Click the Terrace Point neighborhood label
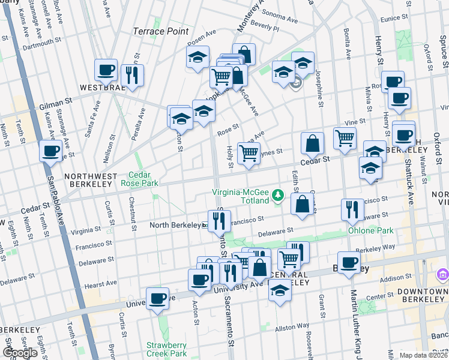click(161, 31)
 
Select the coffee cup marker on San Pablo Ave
click(51, 150)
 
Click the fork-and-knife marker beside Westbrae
click(131, 76)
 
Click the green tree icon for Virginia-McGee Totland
click(278, 194)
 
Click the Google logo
click(20, 352)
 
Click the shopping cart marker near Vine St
click(345, 137)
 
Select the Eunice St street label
click(394, 19)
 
